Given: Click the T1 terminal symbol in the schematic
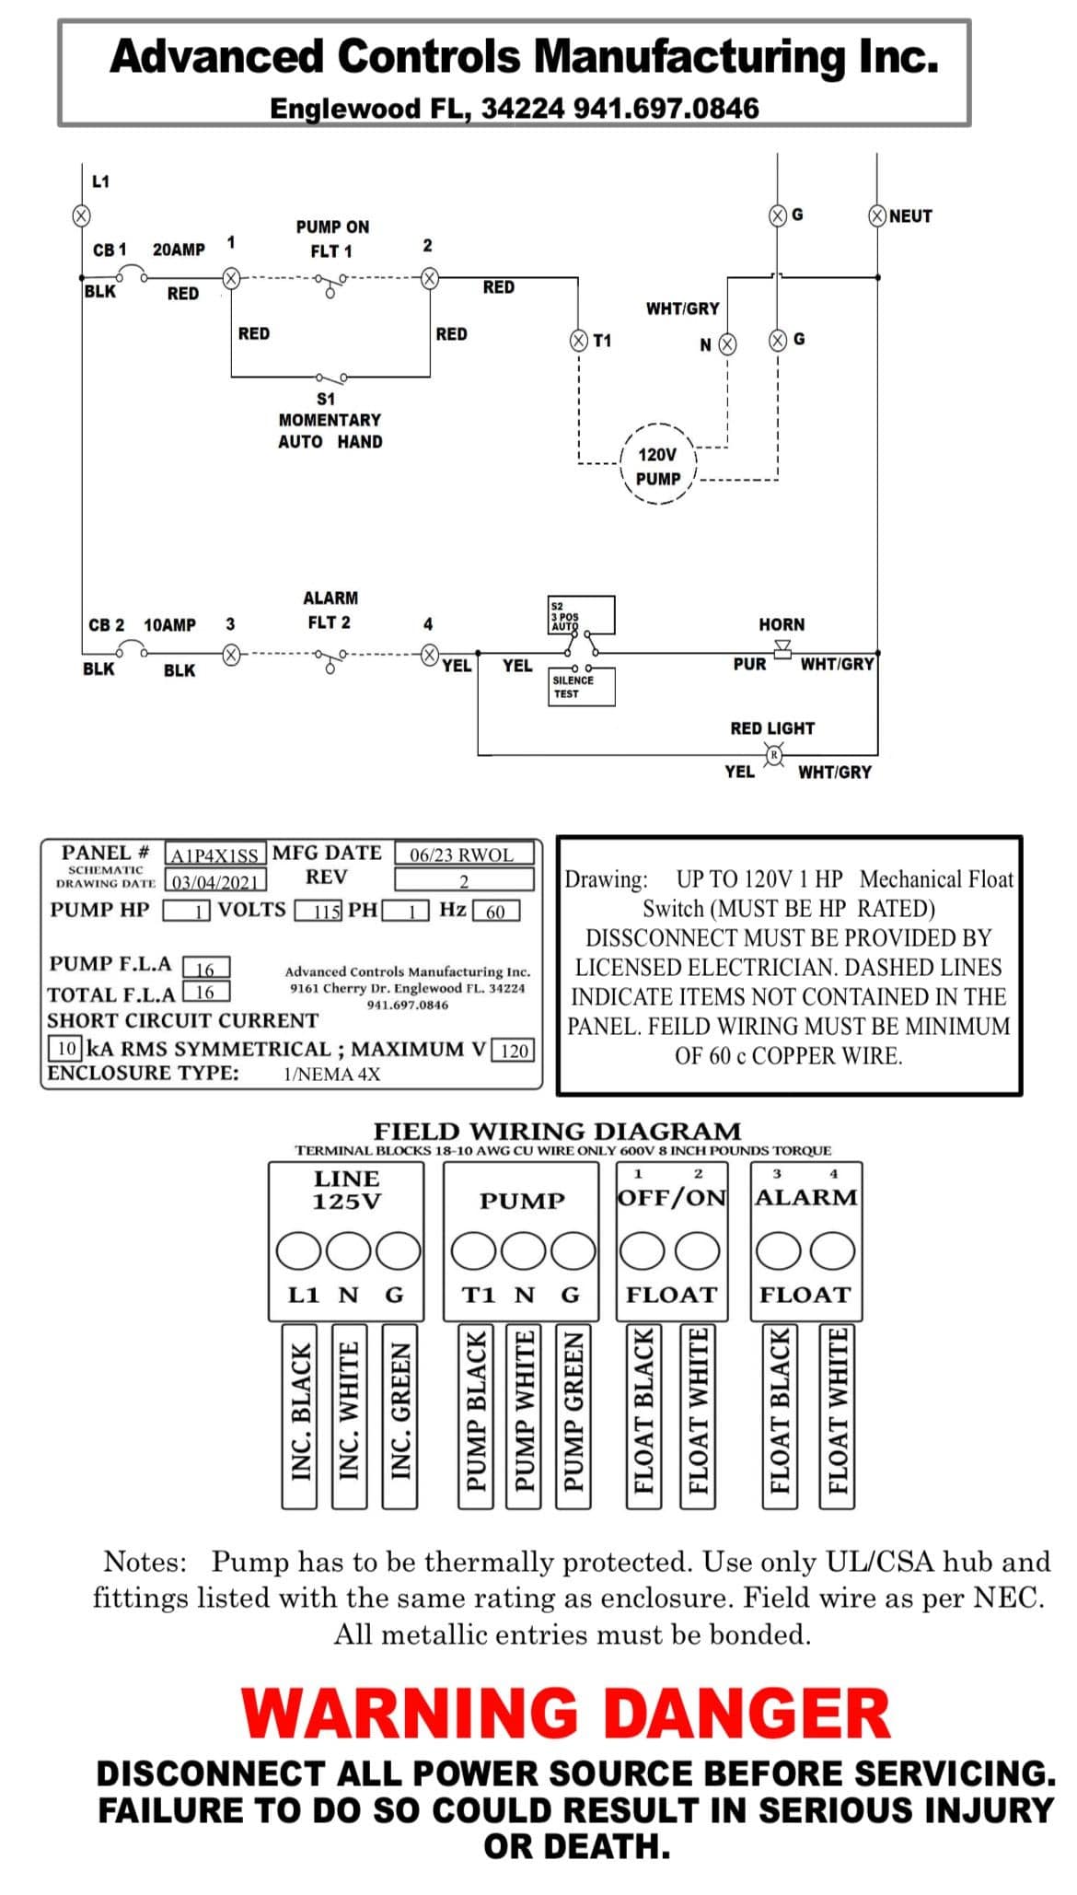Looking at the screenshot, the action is pos(579,341).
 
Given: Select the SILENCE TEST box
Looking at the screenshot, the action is pos(581,687).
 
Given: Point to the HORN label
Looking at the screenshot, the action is pos(782,624).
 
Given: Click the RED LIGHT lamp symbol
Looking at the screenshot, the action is pos(775,756).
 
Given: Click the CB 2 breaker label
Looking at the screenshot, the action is pos(107,625).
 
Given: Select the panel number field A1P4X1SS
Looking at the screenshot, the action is pos(215,854).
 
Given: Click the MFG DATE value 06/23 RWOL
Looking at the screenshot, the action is pos(464,854).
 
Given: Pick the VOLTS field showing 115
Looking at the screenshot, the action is pos(319,912).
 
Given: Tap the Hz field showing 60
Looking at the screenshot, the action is pos(496,912).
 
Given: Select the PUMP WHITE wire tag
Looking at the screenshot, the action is pos(524,1416).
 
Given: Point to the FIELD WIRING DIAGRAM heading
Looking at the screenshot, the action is pos(557,1131).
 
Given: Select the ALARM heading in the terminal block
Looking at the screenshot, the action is pos(806,1197).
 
